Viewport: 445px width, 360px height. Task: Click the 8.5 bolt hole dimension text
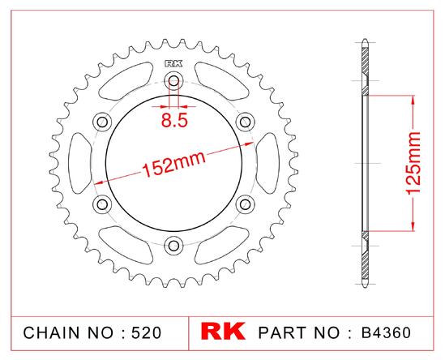174,120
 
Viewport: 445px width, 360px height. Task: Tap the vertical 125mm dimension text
413,163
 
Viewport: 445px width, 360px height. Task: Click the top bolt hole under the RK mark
173,81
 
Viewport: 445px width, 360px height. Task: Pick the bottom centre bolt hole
173,246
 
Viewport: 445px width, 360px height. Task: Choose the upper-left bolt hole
102,122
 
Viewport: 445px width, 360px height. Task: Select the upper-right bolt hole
246,122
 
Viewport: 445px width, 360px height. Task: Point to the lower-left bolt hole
102,204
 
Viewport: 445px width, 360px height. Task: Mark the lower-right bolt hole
246,204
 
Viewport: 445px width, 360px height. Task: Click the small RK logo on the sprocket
173,63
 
